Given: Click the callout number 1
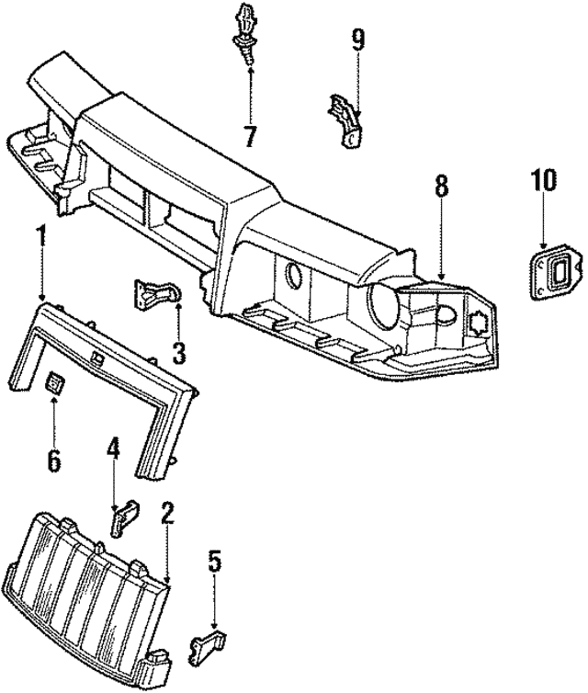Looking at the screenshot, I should pos(40,236).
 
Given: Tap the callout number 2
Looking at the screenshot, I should pos(166,514).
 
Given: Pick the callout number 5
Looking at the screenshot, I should pos(215,560).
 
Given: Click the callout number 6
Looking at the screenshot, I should pos(53,459).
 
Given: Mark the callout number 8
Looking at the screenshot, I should pos(442,186).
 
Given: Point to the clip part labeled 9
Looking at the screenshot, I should pos(345,120).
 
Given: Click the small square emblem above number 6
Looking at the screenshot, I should pos(54,383).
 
